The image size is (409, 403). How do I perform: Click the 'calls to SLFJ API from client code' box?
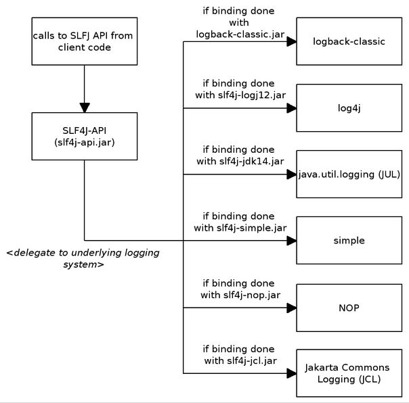tap(85, 41)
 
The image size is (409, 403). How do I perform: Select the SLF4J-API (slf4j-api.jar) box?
tap(85, 136)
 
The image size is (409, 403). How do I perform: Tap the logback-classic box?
tap(349, 41)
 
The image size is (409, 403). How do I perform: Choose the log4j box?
tap(349, 108)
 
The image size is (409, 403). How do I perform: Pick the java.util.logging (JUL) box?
tap(349, 174)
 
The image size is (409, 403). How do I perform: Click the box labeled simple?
tap(349, 240)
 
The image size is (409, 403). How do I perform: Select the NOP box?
tap(349, 308)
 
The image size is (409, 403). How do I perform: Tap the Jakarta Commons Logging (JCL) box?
tap(349, 373)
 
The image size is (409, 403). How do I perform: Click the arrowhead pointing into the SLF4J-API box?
tap(85, 108)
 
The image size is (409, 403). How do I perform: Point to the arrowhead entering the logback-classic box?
tap(292, 41)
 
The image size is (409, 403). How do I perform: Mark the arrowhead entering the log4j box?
tap(292, 108)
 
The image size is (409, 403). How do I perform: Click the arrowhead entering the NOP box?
tap(292, 308)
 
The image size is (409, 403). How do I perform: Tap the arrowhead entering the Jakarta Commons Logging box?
tap(292, 373)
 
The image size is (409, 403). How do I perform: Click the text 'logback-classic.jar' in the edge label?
tap(240, 34)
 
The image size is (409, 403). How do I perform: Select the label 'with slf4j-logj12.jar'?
tap(240, 95)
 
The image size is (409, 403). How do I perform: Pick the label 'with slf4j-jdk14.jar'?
tap(240, 162)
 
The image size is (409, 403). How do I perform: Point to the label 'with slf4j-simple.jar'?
tap(240, 228)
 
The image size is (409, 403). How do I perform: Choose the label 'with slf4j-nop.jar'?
tap(240, 295)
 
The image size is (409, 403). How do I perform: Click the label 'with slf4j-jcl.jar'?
tap(240, 361)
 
